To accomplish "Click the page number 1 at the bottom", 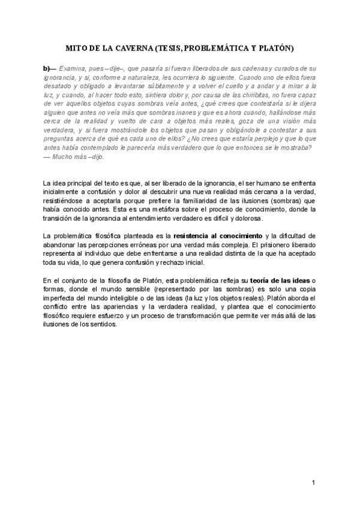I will click(x=313, y=483).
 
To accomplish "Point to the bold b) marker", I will click(x=48, y=69).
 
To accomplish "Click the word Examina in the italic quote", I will click(x=73, y=69).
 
